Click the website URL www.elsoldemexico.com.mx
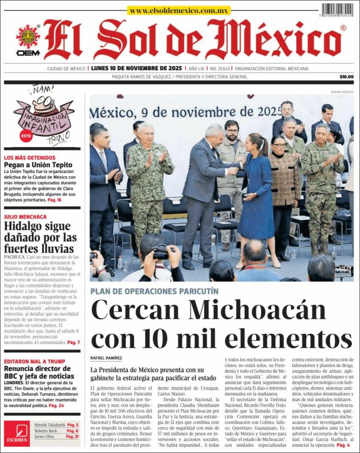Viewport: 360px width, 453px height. coord(179,10)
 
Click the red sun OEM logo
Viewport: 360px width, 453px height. coord(28,37)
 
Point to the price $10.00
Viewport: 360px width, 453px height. coord(346,77)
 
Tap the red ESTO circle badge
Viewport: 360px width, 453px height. coord(26,136)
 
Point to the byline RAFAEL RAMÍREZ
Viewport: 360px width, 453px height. coord(106,358)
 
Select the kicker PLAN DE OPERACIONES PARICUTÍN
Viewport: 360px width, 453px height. coord(154,291)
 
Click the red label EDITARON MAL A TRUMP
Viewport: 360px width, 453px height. coord(34,362)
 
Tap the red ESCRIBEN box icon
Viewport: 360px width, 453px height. coord(16,433)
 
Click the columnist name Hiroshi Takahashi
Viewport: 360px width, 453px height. coord(49,425)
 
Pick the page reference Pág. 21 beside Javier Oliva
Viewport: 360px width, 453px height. coord(72,437)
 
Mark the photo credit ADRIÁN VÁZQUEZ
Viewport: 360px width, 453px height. coord(342,92)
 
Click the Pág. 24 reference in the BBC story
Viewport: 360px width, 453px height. coord(56,405)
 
